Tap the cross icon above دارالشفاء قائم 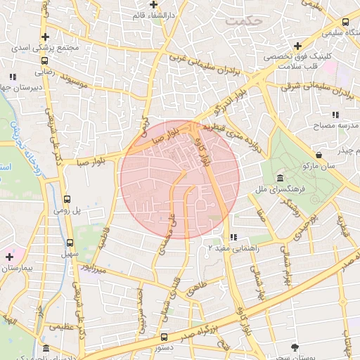tap(153, 4)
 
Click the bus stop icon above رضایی tap(44, 61)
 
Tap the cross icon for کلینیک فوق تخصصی tap(298, 46)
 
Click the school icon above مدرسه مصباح tap(335, 114)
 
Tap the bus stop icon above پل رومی tap(67, 199)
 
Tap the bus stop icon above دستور tap(164, 337)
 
